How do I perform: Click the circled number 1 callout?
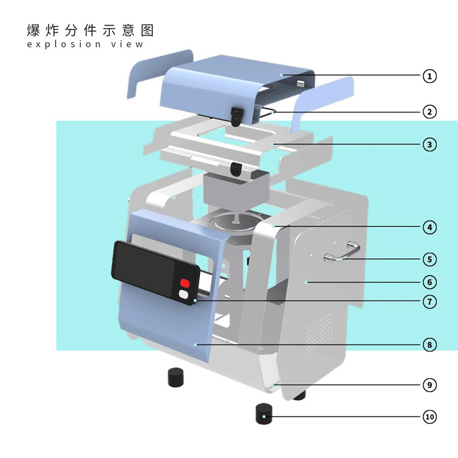click(x=430, y=76)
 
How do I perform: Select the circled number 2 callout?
click(x=430, y=112)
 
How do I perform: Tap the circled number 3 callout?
click(x=430, y=145)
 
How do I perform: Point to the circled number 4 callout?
click(x=430, y=227)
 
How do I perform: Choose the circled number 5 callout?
click(x=430, y=259)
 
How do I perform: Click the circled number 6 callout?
click(x=430, y=282)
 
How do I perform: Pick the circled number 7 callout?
click(x=430, y=302)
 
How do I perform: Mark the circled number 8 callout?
click(x=430, y=345)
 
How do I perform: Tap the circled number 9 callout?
click(x=430, y=385)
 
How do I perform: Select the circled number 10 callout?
click(x=430, y=417)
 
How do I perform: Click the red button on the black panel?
click(x=185, y=283)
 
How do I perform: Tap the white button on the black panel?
click(x=184, y=294)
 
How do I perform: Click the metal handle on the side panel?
click(x=342, y=251)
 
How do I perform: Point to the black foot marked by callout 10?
click(x=264, y=413)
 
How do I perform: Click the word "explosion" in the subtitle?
click(x=64, y=45)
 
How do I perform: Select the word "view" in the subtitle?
click(x=127, y=45)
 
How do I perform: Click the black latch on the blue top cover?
click(x=236, y=116)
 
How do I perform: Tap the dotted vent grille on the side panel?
click(x=319, y=332)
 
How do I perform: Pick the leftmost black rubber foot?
click(x=176, y=377)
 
